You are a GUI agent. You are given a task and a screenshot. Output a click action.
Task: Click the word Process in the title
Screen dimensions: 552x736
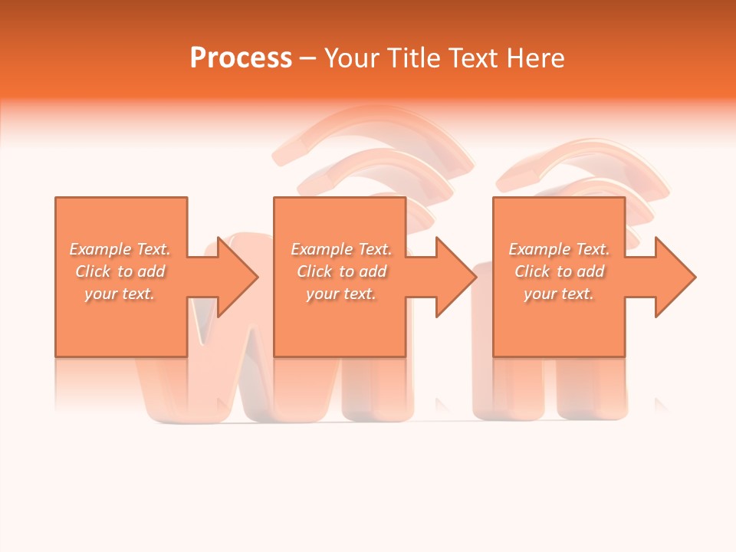click(241, 58)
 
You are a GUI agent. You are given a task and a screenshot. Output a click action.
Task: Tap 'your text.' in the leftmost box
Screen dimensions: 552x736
click(120, 294)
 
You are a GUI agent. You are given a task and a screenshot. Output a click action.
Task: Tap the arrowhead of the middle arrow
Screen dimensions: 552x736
click(458, 277)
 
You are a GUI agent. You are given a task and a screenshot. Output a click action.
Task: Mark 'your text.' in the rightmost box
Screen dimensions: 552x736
click(559, 294)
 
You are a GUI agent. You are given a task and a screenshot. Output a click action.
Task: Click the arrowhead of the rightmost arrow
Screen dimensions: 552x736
click(677, 277)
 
